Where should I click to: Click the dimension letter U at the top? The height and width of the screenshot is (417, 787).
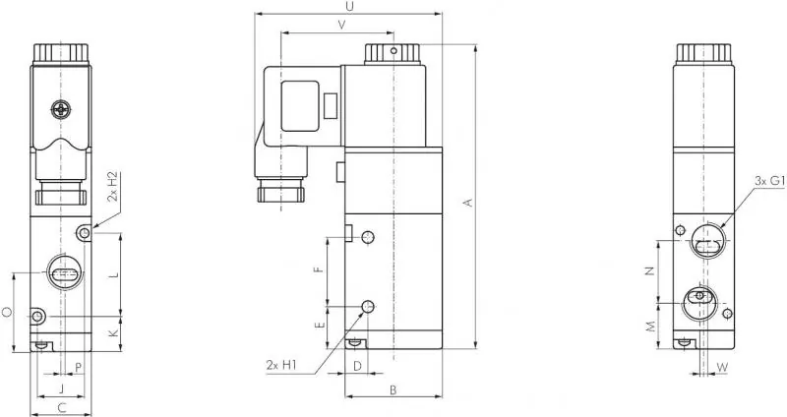pyautogui.click(x=350, y=7)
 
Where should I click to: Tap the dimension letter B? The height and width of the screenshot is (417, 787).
pyautogui.click(x=393, y=390)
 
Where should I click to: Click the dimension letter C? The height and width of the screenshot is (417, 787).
pyautogui.click(x=61, y=406)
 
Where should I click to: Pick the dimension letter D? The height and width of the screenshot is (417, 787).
pyautogui.click(x=358, y=366)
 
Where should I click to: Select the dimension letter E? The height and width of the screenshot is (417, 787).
pyautogui.click(x=317, y=325)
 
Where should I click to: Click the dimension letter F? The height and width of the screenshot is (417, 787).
pyautogui.click(x=317, y=270)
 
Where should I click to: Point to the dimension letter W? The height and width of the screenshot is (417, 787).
pyautogui.click(x=723, y=368)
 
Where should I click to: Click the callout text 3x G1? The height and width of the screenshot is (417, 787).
pyautogui.click(x=768, y=181)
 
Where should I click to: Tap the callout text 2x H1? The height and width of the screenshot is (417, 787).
pyautogui.click(x=281, y=366)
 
